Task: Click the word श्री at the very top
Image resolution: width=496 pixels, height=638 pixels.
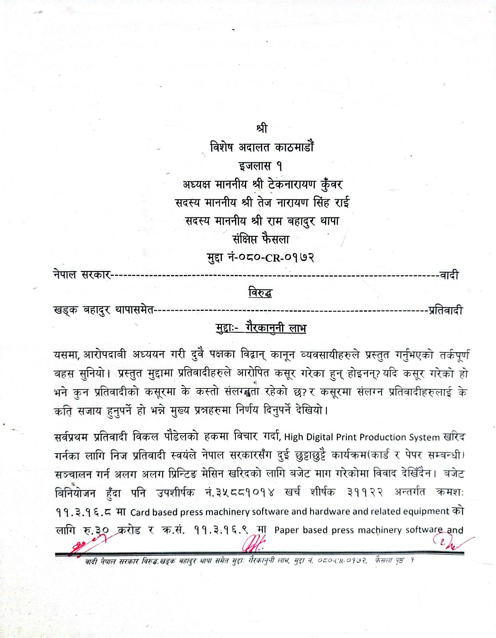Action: click(x=262, y=128)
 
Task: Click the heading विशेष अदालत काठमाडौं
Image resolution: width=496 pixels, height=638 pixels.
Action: click(x=262, y=147)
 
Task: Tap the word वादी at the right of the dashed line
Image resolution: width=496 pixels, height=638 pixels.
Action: click(x=449, y=275)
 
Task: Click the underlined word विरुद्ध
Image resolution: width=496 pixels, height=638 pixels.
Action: click(x=260, y=293)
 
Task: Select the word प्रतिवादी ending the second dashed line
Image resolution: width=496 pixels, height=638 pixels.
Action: click(x=446, y=310)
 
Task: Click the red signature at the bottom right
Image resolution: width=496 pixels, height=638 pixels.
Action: click(x=449, y=542)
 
